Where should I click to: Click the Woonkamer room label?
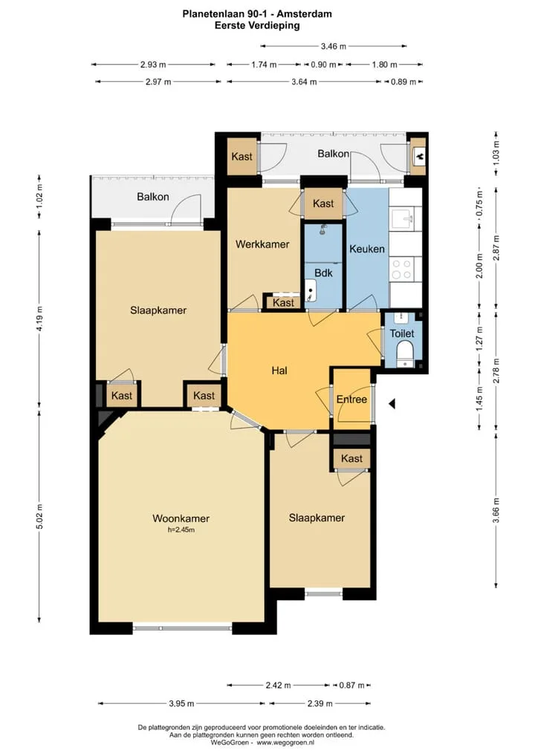[181, 518]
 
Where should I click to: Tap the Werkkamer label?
[262, 244]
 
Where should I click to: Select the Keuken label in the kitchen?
[367, 249]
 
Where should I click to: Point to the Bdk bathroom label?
[323, 273]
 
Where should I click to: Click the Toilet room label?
[402, 333]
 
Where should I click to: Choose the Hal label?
[279, 371]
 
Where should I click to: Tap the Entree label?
[351, 400]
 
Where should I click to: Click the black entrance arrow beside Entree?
[392, 403]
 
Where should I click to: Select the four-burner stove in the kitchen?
[401, 270]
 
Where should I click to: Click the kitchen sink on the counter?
[402, 218]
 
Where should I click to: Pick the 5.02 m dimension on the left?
[39, 516]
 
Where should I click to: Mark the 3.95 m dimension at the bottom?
[181, 703]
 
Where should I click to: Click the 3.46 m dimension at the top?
[334, 46]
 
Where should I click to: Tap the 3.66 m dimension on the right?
[496, 509]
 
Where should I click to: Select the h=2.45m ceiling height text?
[181, 529]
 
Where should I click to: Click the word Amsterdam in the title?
[305, 14]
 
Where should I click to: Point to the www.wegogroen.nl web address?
[285, 743]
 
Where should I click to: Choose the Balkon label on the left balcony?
[152, 197]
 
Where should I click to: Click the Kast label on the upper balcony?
[241, 156]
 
